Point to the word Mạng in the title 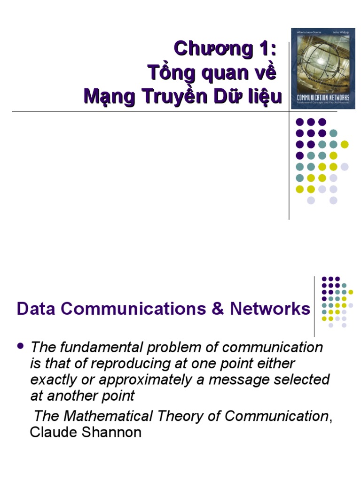(107, 97)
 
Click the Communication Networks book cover (322, 69)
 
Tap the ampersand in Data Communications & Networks (218, 309)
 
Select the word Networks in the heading (270, 309)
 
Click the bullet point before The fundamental (20, 346)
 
